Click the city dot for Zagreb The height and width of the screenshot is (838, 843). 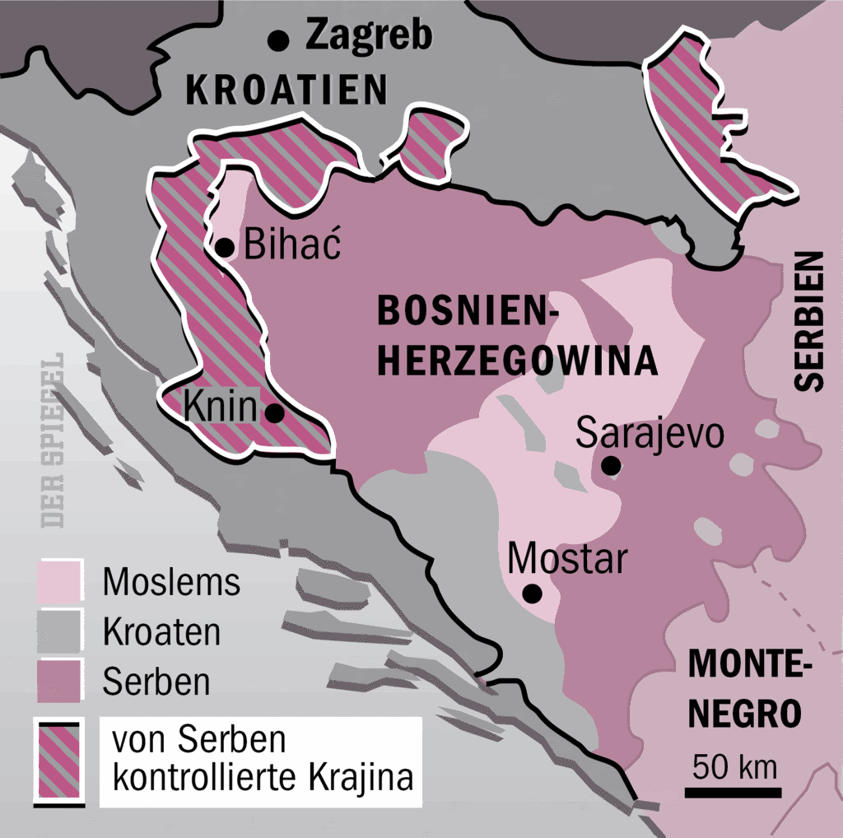[x=280, y=38]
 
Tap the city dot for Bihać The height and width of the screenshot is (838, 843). [x=223, y=246]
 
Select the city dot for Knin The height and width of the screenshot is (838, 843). [x=275, y=413]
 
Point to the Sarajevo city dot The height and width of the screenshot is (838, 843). [x=610, y=467]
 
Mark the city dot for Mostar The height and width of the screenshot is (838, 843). [x=533, y=593]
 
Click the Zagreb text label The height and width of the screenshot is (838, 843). [x=368, y=36]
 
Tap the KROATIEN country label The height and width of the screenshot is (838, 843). [x=286, y=90]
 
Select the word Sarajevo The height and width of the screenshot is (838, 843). [x=650, y=433]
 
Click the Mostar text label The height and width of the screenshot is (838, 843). [x=567, y=560]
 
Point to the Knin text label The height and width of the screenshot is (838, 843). [x=217, y=406]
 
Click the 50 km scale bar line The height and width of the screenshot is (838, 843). [x=734, y=793]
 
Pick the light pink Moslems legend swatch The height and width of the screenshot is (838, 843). [x=59, y=581]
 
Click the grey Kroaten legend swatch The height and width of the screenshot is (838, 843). [x=59, y=631]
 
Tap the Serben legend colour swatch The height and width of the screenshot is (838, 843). [x=59, y=682]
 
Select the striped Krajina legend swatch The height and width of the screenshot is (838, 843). [x=59, y=761]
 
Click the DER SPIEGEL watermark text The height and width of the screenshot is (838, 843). [x=54, y=441]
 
